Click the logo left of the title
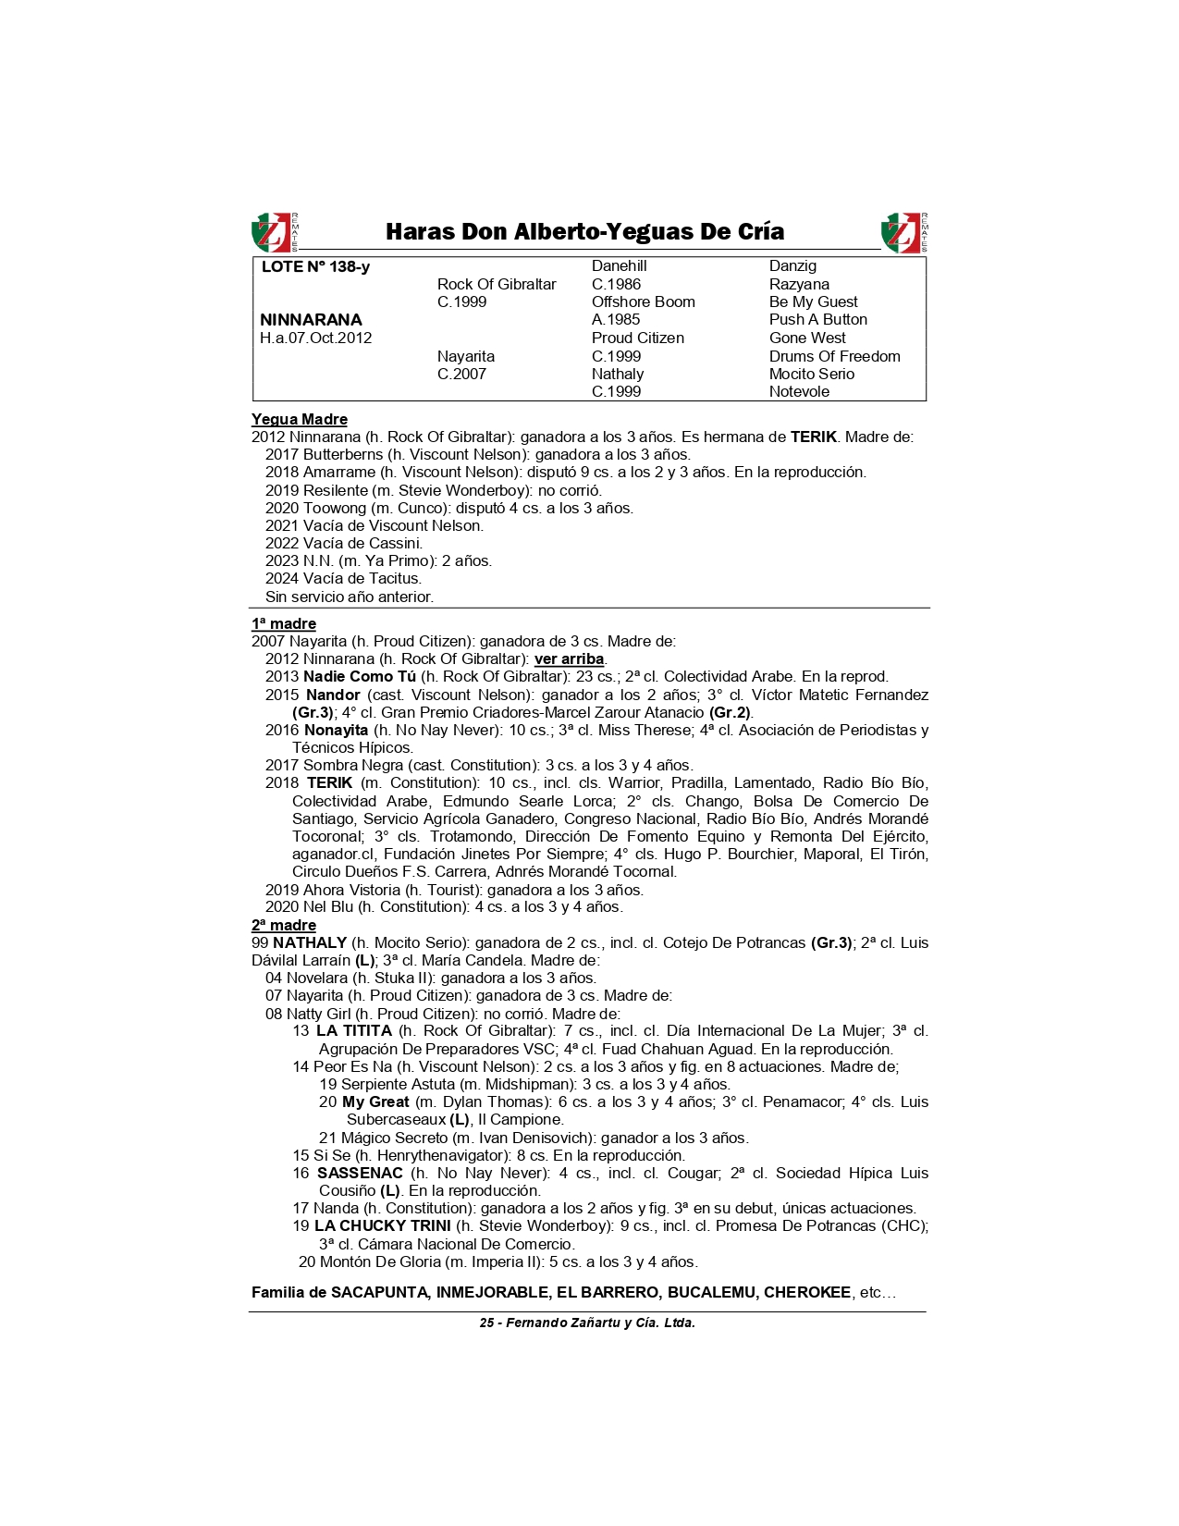275,232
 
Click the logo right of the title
904,232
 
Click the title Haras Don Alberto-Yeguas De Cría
584,231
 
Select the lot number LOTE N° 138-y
315,266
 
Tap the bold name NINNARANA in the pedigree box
311,320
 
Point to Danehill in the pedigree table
619,266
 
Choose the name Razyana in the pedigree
799,284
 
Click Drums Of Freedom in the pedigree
834,356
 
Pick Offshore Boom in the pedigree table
643,302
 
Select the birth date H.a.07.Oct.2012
315,338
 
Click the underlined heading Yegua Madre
299,419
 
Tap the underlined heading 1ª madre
284,623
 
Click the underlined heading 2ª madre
284,925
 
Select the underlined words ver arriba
569,658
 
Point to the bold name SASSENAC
360,1173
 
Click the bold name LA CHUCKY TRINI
382,1225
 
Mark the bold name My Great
375,1101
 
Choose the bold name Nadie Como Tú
360,676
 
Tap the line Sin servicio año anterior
349,597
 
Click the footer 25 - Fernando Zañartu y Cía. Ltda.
587,1323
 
